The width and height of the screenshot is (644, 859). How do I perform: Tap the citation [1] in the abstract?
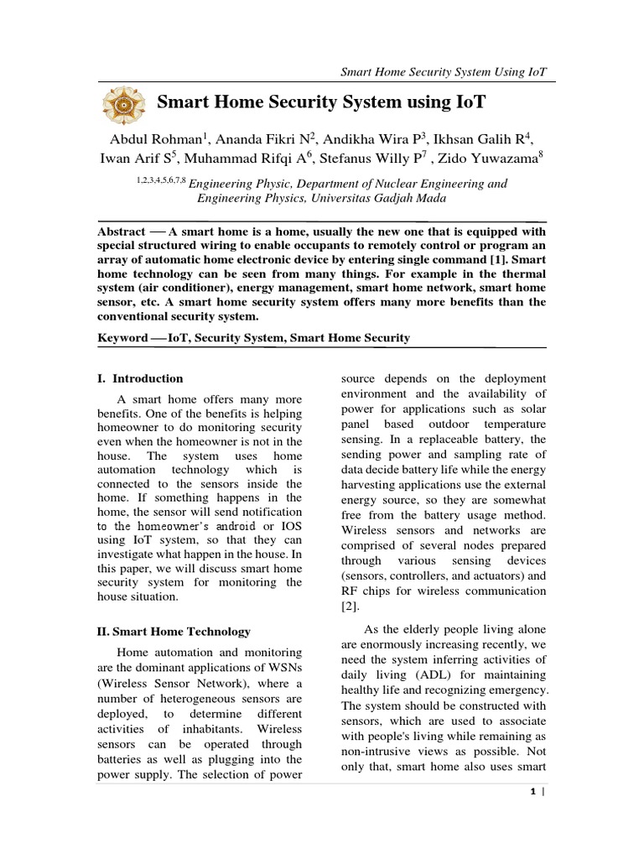(x=497, y=260)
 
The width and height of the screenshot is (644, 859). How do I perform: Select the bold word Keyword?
(x=123, y=337)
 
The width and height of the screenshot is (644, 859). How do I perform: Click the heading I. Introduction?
(x=140, y=378)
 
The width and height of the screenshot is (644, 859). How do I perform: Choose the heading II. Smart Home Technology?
(x=174, y=632)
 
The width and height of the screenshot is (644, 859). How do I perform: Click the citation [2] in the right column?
(x=351, y=606)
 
